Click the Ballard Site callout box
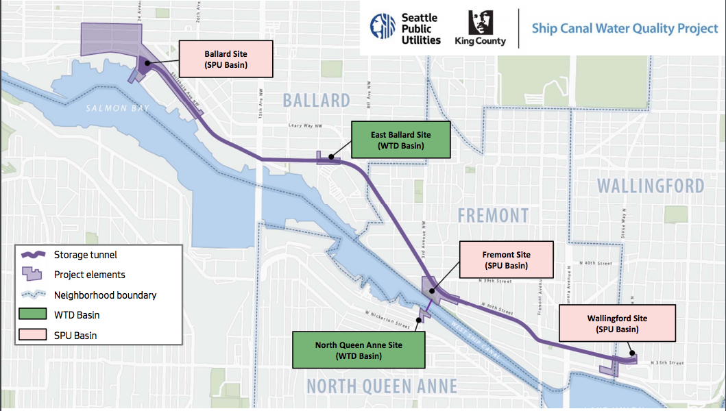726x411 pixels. [x=226, y=59]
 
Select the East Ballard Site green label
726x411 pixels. [x=400, y=140]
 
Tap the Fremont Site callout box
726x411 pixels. [x=507, y=260]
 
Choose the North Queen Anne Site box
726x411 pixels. [x=358, y=350]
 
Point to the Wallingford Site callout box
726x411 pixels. [x=616, y=323]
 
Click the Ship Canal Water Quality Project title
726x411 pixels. [x=624, y=29]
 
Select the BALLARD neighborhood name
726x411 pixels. [x=316, y=101]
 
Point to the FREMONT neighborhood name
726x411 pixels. [x=493, y=216]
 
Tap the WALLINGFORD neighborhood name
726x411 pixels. [x=650, y=186]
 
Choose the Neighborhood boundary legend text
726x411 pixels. [x=105, y=295]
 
